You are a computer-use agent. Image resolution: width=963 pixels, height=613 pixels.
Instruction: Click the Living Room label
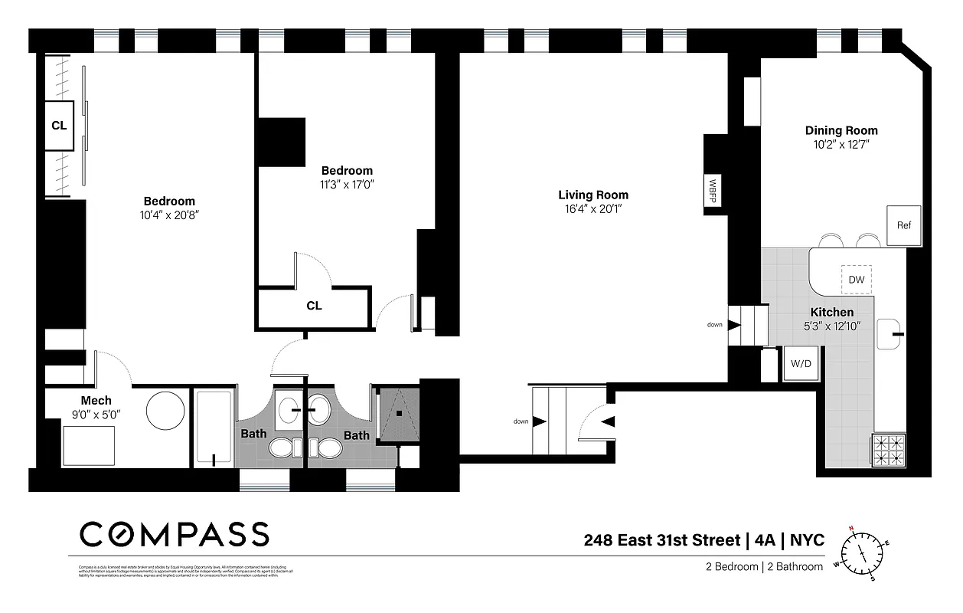pyautogui.click(x=592, y=195)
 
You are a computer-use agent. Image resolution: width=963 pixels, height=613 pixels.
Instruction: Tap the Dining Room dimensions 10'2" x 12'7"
pyautogui.click(x=841, y=144)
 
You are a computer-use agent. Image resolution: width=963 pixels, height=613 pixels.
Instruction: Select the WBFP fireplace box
pyautogui.click(x=713, y=192)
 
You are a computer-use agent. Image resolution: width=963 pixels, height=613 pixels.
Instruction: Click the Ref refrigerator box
pyautogui.click(x=903, y=225)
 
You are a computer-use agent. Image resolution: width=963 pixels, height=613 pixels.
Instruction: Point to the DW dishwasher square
pyautogui.click(x=856, y=280)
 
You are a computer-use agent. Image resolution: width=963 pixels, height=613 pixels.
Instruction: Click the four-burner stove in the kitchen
pyautogui.click(x=888, y=450)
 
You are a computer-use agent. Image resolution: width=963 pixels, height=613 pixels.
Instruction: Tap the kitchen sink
pyautogui.click(x=891, y=334)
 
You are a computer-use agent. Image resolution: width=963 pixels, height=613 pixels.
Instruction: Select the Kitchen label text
pyautogui.click(x=831, y=313)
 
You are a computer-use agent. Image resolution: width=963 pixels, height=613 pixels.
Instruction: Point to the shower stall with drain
pyautogui.click(x=399, y=413)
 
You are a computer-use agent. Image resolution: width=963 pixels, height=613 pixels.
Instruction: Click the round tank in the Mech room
pyautogui.click(x=165, y=411)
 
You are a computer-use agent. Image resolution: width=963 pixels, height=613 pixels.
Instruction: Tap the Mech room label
pyautogui.click(x=96, y=400)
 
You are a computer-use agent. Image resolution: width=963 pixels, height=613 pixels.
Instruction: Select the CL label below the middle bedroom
pyautogui.click(x=314, y=306)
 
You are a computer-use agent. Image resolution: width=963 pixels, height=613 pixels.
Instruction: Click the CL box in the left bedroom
pyautogui.click(x=59, y=126)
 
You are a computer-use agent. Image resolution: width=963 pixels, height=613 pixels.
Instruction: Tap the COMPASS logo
pyautogui.click(x=175, y=534)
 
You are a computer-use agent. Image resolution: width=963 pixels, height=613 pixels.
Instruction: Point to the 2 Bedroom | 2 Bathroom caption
pyautogui.click(x=764, y=567)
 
